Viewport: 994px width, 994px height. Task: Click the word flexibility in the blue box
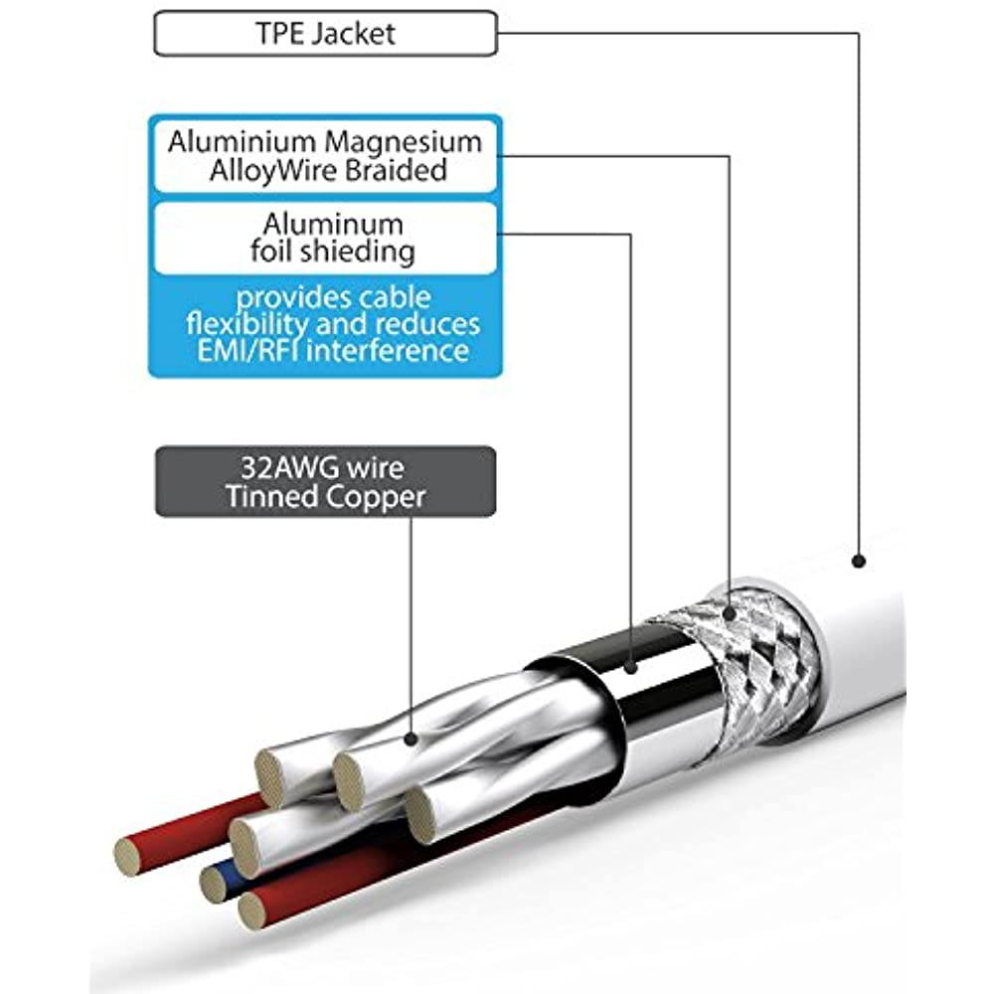click(248, 324)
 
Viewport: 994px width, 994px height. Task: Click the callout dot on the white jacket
click(859, 562)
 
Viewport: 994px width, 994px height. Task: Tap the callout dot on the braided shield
click(731, 614)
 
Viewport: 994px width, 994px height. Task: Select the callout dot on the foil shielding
click(633, 667)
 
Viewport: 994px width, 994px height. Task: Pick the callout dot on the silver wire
click(412, 738)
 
